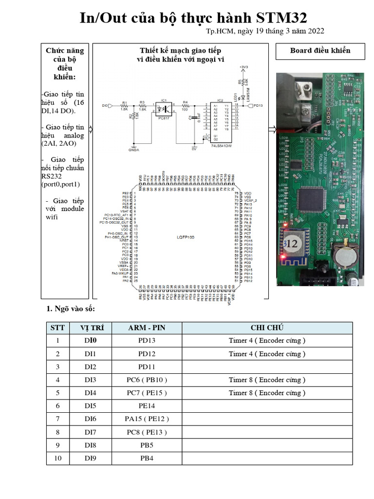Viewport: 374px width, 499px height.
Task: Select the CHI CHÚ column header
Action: [x=267, y=327]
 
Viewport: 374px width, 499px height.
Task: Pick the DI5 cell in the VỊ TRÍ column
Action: [x=91, y=405]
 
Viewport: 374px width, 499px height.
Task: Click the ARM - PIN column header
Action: [x=147, y=327]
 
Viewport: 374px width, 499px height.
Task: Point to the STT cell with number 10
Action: [x=57, y=458]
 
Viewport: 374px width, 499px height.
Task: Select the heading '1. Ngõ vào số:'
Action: [x=71, y=309]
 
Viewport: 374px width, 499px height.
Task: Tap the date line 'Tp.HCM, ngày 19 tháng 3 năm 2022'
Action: [x=265, y=31]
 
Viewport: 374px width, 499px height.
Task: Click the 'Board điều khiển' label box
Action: [x=320, y=51]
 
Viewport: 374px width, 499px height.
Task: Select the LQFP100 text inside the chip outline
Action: [x=186, y=236]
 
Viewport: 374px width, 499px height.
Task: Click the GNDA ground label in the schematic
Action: [x=133, y=150]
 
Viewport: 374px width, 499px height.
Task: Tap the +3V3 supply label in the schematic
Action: [x=244, y=67]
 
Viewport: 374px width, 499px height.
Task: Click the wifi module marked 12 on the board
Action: [x=294, y=242]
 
